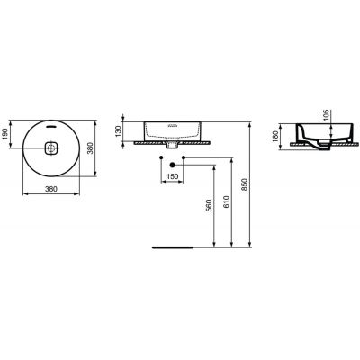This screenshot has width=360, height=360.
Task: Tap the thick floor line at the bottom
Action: (172, 242)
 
